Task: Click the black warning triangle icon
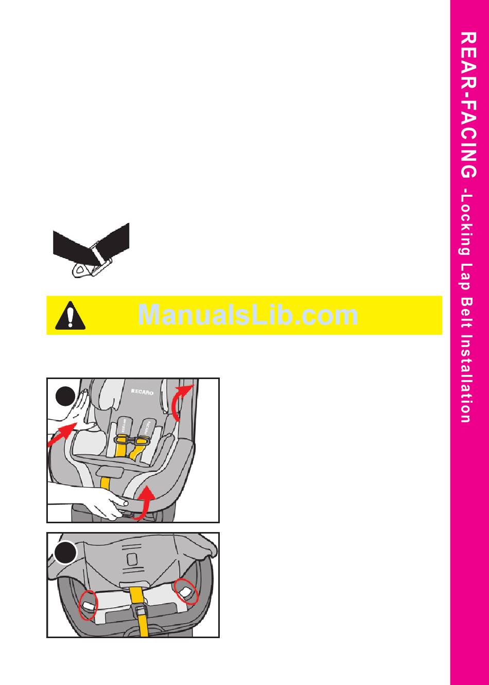click(71, 315)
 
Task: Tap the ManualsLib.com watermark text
click(248, 315)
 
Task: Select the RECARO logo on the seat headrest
click(142, 392)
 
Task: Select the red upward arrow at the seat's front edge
click(146, 501)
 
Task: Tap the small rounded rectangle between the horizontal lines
click(132, 559)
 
